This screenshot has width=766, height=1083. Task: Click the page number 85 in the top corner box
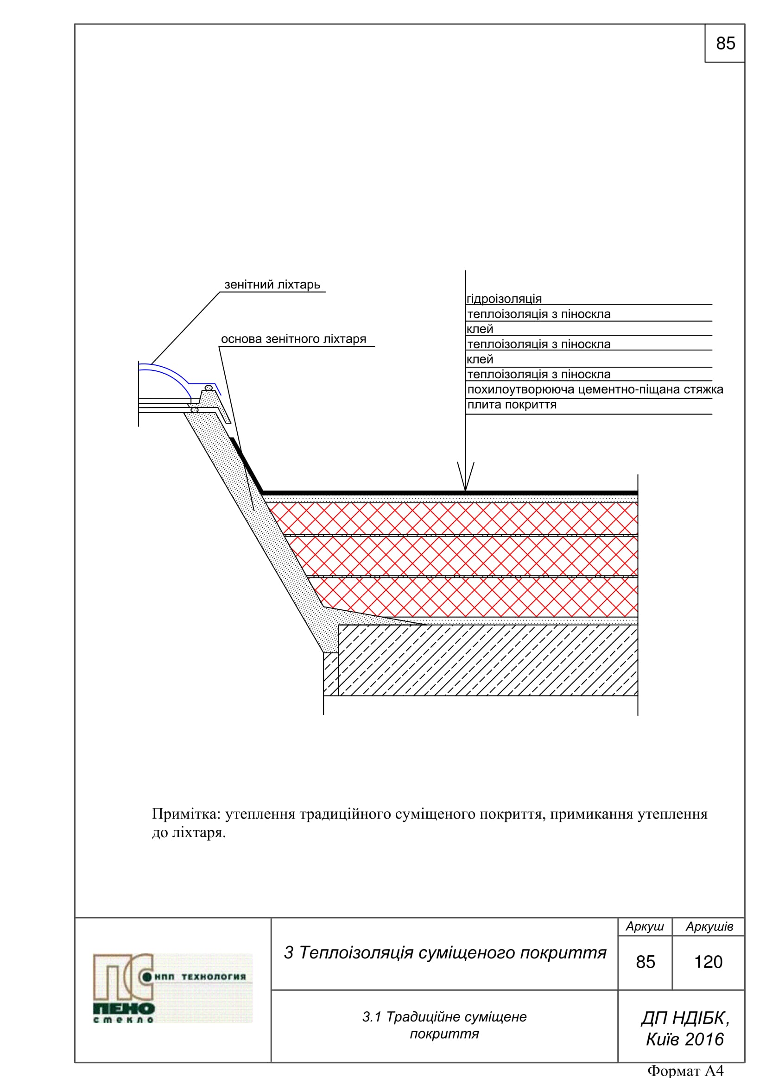pos(725,44)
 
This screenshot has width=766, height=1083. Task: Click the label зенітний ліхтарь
pos(272,284)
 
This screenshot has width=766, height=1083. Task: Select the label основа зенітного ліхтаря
pos(293,338)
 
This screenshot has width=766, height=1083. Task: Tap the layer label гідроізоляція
pos(504,299)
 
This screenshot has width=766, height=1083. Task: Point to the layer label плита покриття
pos(512,405)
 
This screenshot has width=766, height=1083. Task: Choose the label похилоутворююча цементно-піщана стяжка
pos(595,389)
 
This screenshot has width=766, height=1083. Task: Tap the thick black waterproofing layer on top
pos(449,493)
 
